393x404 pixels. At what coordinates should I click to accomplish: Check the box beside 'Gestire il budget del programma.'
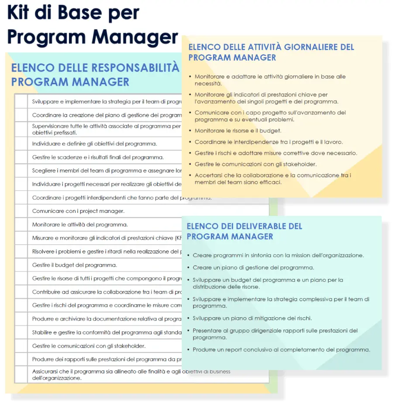coord(21,265)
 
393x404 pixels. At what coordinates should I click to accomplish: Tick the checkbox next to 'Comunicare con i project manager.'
coord(21,211)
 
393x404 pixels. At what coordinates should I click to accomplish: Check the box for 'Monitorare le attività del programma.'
coord(21,225)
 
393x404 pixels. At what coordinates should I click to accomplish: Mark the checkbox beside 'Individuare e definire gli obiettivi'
coord(21,144)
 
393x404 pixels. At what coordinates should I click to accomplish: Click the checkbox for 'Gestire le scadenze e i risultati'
coord(21,157)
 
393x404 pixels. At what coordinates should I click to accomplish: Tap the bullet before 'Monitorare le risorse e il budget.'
coord(190,130)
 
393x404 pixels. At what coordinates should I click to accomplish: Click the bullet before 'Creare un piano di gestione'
coord(188,267)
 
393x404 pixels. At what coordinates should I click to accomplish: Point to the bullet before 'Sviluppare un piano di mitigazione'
coord(188,318)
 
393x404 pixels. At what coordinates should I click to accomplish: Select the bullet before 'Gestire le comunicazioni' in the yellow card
coord(190,164)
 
